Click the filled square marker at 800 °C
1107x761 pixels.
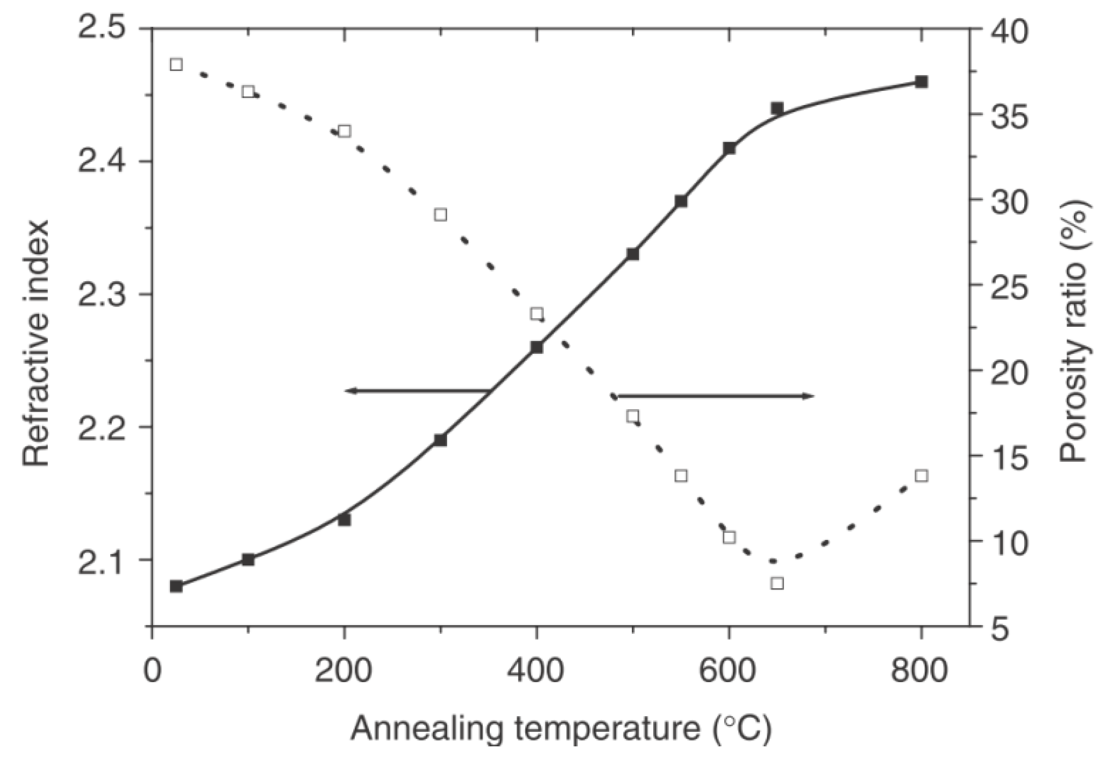pyautogui.click(x=922, y=82)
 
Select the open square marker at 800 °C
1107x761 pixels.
pyautogui.click(x=922, y=475)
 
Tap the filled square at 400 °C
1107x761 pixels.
pyautogui.click(x=537, y=347)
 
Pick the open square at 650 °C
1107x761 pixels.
pyautogui.click(x=777, y=583)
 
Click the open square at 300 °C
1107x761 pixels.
pyautogui.click(x=440, y=215)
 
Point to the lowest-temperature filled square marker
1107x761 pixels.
pyautogui.click(x=176, y=586)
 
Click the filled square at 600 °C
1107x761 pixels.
pyautogui.click(x=729, y=148)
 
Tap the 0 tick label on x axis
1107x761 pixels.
pyautogui.click(x=153, y=671)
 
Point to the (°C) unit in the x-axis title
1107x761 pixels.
pyautogui.click(x=742, y=729)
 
